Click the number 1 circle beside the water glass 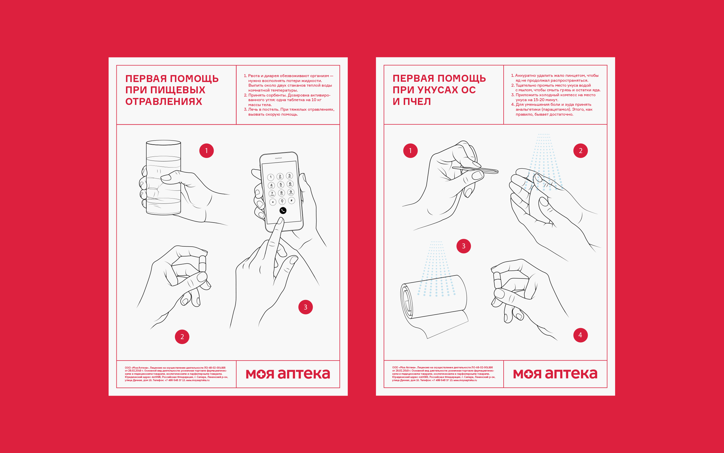click(x=206, y=150)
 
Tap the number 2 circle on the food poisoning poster click(x=182, y=336)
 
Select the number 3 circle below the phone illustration click(x=306, y=307)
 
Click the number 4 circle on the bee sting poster click(x=580, y=335)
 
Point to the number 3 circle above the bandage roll click(x=464, y=246)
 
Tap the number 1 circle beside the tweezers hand click(x=410, y=150)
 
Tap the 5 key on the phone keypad click(x=281, y=185)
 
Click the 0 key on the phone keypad click(x=282, y=201)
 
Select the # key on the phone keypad click(x=292, y=200)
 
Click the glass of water click(x=163, y=177)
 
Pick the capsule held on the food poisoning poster click(x=202, y=263)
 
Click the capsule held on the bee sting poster click(x=497, y=280)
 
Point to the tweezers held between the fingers click(x=475, y=170)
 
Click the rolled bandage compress click(x=434, y=303)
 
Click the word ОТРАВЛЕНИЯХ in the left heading click(x=164, y=101)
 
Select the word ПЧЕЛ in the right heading click(x=417, y=101)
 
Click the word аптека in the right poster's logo click(x=571, y=374)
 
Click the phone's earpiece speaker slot click(x=278, y=158)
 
